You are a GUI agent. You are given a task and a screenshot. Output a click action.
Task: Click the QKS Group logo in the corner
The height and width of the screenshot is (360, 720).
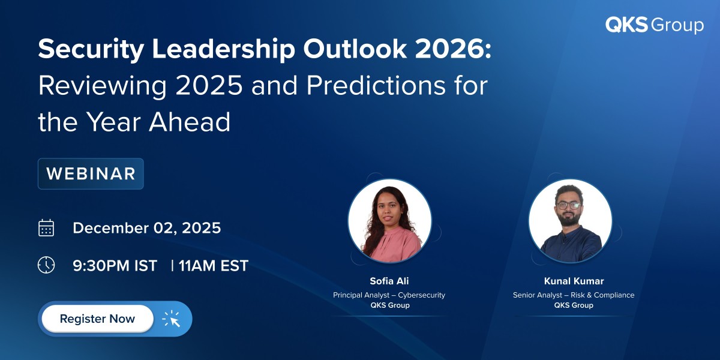coord(654,25)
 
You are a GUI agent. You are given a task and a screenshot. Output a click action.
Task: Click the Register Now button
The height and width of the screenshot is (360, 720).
coord(97,319)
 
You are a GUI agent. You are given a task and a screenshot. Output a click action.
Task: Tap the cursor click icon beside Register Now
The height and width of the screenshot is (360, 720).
coord(172,319)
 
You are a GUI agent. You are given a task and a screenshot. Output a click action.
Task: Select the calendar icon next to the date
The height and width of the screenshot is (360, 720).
coord(46,228)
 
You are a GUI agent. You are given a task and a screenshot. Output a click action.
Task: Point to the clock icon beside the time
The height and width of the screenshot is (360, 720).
coord(46,265)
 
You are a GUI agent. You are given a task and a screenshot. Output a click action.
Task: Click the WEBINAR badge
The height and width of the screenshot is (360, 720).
coord(91,174)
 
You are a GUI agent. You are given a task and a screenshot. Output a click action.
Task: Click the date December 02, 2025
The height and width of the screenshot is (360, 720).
coord(146,228)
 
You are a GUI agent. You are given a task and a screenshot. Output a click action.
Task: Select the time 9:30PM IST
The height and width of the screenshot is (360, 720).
coord(115,266)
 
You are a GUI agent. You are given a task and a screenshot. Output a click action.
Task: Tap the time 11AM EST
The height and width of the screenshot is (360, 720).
coord(213,266)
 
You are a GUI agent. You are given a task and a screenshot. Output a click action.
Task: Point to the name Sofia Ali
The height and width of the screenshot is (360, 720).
coord(389,281)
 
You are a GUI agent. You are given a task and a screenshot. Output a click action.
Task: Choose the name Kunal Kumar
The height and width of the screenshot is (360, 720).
coord(573,281)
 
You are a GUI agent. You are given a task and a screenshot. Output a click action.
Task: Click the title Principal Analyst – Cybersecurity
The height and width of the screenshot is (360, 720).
coord(389,295)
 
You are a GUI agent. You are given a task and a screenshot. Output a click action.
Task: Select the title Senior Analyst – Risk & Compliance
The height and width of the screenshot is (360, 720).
coord(573,295)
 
